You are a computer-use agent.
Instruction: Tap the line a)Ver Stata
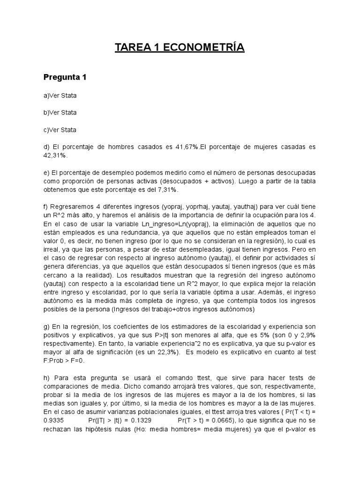(60, 96)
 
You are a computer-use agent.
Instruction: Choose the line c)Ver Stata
(60, 129)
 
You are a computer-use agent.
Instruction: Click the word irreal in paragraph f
(52, 248)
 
